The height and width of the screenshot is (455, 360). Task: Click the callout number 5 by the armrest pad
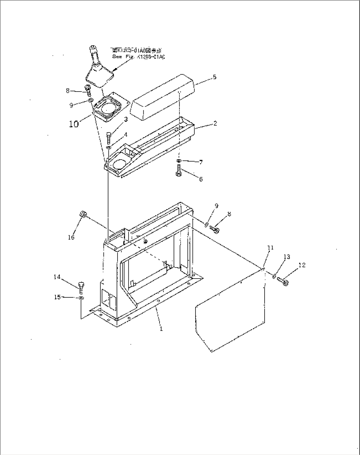click(x=215, y=77)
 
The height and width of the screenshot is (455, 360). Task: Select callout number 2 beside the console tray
click(x=215, y=124)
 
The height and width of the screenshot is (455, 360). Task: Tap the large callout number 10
click(x=74, y=124)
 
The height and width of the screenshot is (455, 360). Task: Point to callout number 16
click(x=71, y=237)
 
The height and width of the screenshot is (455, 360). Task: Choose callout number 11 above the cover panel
click(x=270, y=247)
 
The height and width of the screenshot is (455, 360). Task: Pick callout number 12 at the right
click(x=302, y=265)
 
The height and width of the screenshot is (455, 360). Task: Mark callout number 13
click(x=287, y=257)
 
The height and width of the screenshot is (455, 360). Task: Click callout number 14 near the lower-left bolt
click(x=57, y=277)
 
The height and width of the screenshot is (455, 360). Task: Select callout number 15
click(x=57, y=297)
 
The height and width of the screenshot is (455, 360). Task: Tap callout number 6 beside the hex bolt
click(x=200, y=179)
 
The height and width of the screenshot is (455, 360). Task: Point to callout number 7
click(x=201, y=162)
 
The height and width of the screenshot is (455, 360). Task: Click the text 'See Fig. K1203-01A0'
click(x=138, y=57)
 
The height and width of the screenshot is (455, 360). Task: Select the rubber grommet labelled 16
click(x=83, y=215)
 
